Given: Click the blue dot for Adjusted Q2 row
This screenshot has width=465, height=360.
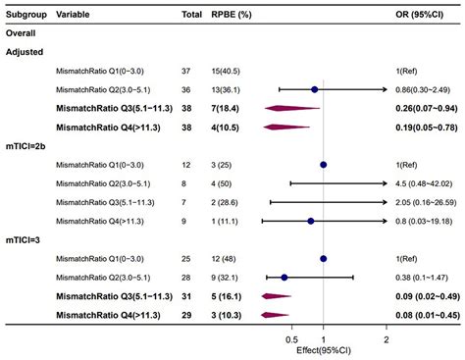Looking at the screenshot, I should [x=314, y=89].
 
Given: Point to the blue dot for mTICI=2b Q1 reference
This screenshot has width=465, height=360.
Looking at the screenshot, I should [x=324, y=165].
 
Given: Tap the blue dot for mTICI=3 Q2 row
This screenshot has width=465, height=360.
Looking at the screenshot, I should [x=284, y=278].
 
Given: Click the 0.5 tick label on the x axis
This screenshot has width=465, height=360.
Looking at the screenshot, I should [x=291, y=340].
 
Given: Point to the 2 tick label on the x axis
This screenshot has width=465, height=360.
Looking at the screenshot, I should [x=387, y=340].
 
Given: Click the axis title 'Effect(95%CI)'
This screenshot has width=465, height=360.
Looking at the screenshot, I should [x=325, y=351].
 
